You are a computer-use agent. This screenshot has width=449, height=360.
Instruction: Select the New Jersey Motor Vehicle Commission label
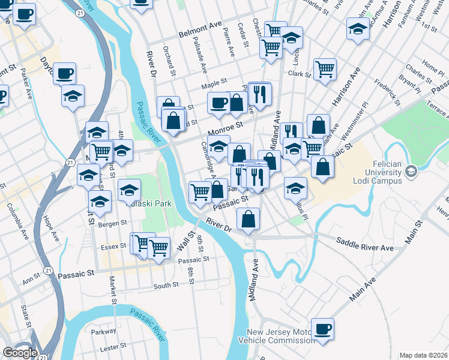(x=280, y=337)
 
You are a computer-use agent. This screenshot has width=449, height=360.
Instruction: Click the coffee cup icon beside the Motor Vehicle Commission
(x=323, y=329)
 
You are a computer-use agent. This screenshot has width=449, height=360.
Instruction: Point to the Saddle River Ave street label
(x=364, y=247)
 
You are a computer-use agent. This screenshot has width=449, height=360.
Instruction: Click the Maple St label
(x=214, y=85)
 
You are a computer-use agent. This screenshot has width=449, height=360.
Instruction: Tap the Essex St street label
(x=114, y=245)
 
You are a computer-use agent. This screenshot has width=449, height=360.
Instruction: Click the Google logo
(x=20, y=353)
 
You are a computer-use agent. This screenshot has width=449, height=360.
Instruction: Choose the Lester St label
(x=112, y=348)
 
